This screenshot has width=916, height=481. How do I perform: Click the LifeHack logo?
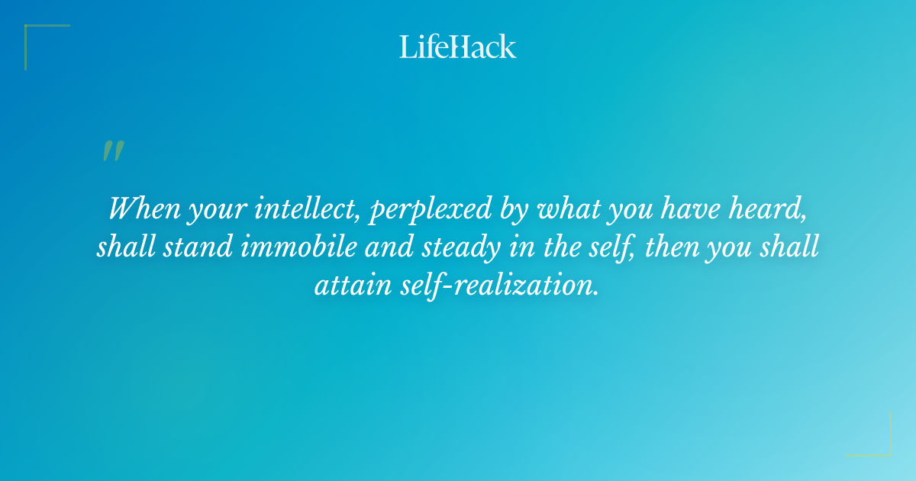pos(458,47)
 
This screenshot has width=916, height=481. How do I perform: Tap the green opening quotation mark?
pos(113,151)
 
